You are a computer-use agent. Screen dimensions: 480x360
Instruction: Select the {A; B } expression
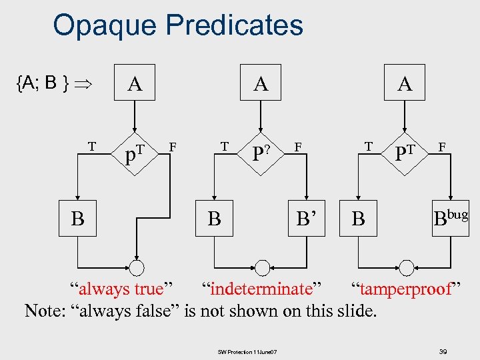pos(44,83)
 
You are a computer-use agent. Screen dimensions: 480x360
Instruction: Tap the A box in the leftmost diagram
pos(135,83)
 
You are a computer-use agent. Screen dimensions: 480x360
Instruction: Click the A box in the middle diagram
pos(261,83)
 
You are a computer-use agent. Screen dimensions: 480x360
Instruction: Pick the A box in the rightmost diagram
pos(405,83)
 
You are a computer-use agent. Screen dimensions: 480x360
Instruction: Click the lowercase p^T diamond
pos(135,156)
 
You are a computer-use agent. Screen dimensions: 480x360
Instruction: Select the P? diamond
pos(261,156)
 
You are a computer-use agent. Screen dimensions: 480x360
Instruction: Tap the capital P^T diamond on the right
pos(405,156)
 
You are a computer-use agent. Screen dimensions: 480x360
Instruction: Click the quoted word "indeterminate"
pos(261,289)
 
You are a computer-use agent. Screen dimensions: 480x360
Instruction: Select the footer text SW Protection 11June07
pos(247,351)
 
